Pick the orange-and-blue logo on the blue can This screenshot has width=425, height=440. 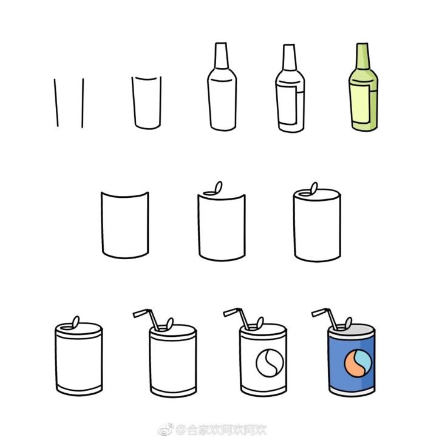[x=358, y=363]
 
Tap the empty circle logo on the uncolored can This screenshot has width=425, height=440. [x=270, y=362]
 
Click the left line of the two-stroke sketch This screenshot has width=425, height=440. [x=56, y=103]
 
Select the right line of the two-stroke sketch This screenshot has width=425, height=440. [x=83, y=103]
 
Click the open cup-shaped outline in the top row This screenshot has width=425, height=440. [x=146, y=103]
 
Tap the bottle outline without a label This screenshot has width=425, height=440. [x=222, y=87]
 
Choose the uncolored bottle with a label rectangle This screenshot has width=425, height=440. [x=290, y=88]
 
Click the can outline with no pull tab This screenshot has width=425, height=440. [x=124, y=225]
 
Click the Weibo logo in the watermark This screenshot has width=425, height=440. [x=166, y=430]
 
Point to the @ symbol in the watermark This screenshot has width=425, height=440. [x=182, y=430]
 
